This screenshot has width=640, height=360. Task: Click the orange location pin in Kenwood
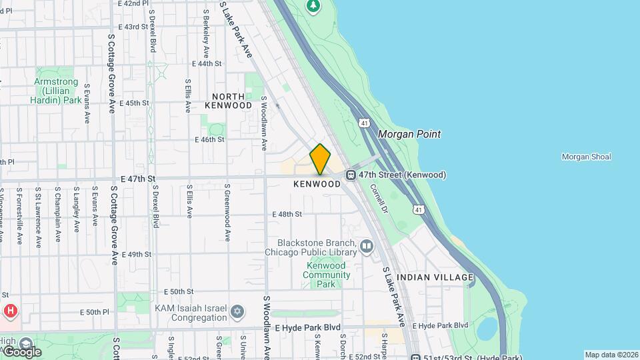click(320, 159)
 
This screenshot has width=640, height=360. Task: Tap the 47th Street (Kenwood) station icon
click(351, 175)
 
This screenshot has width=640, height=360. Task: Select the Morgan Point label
click(409, 134)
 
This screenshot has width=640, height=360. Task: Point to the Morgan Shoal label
click(586, 157)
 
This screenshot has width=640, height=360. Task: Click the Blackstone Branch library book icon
click(366, 247)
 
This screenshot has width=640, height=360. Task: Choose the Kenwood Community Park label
click(326, 275)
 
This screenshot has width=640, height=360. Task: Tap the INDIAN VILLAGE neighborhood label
click(435, 277)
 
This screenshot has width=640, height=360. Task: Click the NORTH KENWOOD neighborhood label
click(228, 101)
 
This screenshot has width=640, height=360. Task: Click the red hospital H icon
click(10, 311)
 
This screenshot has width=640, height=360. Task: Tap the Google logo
click(21, 351)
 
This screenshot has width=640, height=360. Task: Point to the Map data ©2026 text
click(611, 355)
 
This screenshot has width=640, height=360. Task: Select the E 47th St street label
click(138, 179)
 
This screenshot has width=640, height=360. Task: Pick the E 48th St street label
click(287, 214)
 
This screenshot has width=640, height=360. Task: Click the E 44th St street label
click(206, 64)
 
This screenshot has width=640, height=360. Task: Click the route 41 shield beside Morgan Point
click(364, 123)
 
